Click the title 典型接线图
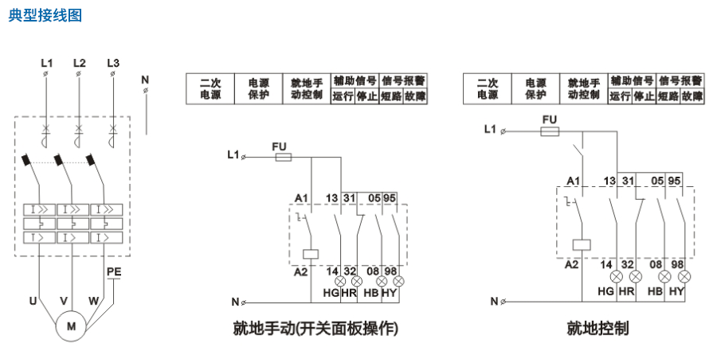click(x=45, y=15)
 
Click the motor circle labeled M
click(x=70, y=325)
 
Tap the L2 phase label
click(x=79, y=62)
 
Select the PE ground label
click(x=114, y=272)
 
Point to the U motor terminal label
click(x=33, y=301)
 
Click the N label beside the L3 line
click(x=144, y=79)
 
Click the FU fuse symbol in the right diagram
click(x=550, y=131)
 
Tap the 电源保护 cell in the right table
click(x=535, y=88)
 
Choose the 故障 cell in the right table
click(x=692, y=96)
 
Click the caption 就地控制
click(x=597, y=329)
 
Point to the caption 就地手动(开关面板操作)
click(x=315, y=329)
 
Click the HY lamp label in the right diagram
click(x=677, y=291)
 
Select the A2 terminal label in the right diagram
click(x=571, y=264)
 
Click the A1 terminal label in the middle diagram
click(x=301, y=197)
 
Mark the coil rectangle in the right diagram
click(x=582, y=244)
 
